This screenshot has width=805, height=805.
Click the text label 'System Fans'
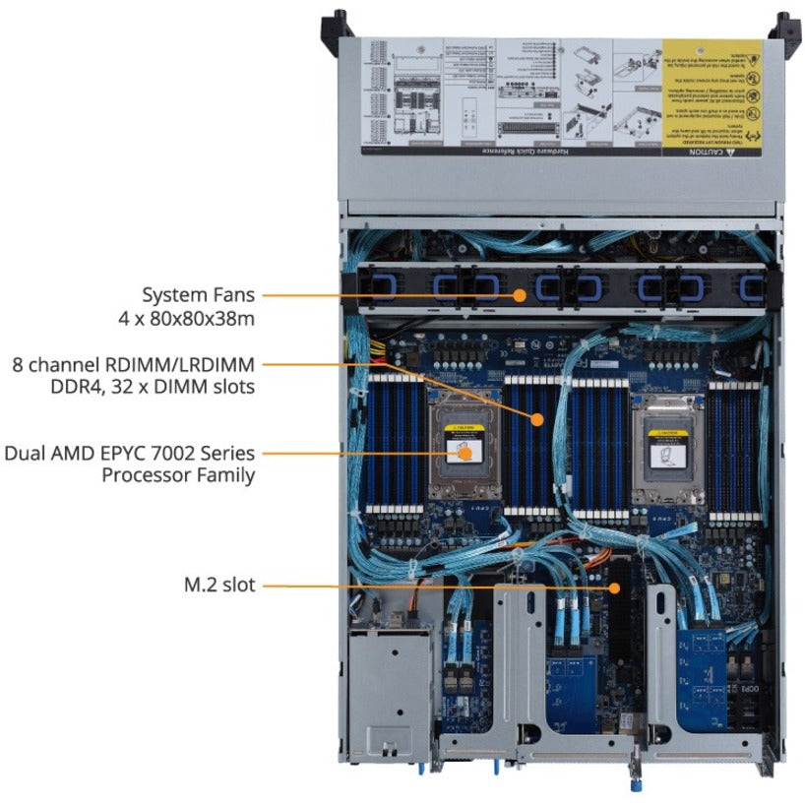pyautogui.click(x=199, y=294)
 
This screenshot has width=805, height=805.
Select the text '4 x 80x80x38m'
pyautogui.click(x=187, y=319)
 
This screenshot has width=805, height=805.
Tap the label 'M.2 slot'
pyautogui.click(x=218, y=586)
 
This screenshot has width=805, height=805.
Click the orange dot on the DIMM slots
pyautogui.click(x=537, y=419)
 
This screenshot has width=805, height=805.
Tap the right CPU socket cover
pyautogui.click(x=670, y=448)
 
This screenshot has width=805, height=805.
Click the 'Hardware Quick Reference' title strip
pyautogui.click(x=551, y=154)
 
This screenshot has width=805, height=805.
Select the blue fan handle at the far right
pyautogui.click(x=752, y=287)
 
